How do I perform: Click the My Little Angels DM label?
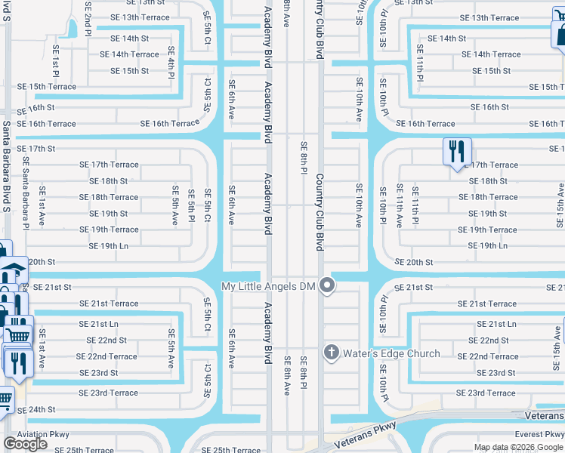click(267, 286)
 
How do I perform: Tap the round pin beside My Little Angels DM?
click(327, 285)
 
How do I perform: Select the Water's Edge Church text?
click(391, 353)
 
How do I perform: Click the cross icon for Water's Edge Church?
click(331, 353)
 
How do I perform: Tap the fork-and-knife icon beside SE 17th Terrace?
click(457, 152)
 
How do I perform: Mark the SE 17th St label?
click(36, 149)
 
